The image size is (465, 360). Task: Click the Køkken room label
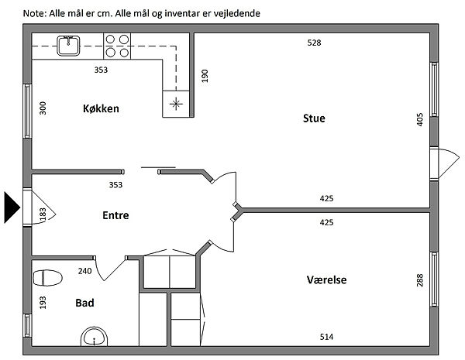click(101, 109)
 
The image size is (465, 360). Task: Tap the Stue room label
click(313, 118)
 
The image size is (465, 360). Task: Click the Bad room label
click(84, 303)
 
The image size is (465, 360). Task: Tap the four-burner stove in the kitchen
click(117, 46)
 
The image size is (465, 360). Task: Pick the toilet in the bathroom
click(49, 277)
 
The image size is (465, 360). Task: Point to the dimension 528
click(314, 43)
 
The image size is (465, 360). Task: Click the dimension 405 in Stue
click(419, 119)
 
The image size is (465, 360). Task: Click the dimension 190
click(205, 76)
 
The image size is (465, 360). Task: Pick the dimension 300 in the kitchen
click(43, 108)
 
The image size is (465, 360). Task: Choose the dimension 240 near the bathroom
click(84, 271)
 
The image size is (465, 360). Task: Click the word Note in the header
click(34, 13)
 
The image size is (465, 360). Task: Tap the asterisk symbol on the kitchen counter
click(177, 102)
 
